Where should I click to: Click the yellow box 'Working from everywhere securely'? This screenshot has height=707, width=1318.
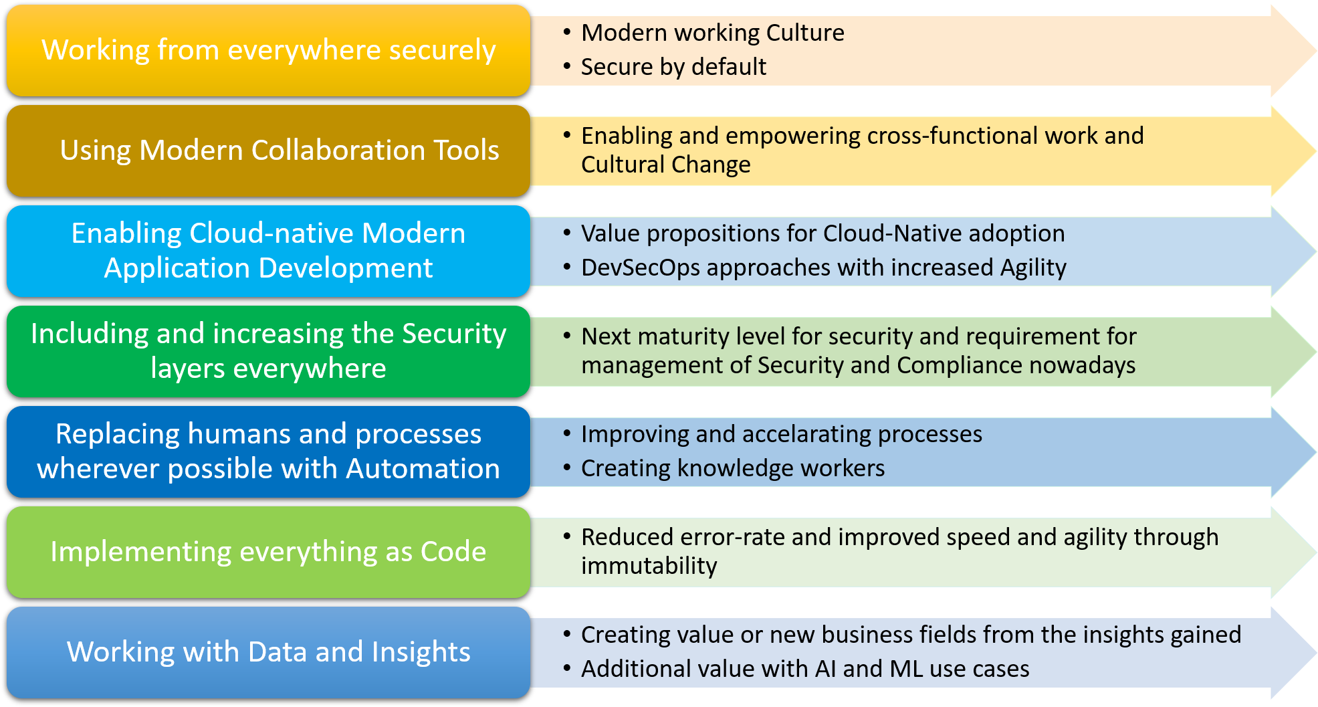click(268, 50)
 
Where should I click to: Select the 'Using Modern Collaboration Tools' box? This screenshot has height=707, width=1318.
click(268, 150)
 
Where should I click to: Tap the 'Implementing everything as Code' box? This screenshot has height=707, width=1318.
click(268, 552)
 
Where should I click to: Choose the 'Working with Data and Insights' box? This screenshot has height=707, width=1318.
click(268, 652)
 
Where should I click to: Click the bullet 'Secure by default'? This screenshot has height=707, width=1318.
click(673, 67)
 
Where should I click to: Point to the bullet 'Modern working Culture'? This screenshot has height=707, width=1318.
click(712, 33)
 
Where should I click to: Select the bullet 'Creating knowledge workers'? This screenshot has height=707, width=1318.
click(732, 468)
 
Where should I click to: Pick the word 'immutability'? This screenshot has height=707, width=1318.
click(649, 566)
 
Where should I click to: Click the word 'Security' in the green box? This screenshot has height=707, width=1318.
click(454, 334)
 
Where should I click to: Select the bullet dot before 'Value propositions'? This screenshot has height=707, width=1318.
click(566, 233)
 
